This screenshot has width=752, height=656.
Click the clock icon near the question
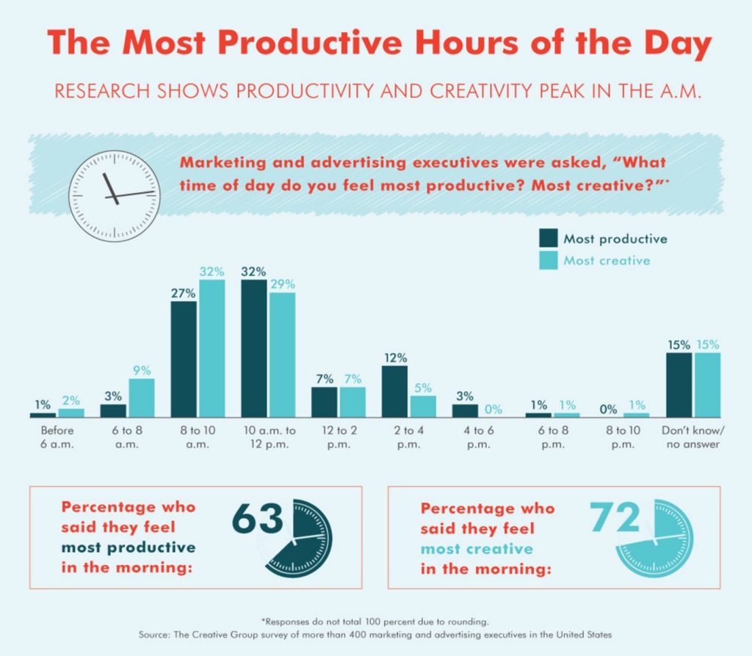point(113,196)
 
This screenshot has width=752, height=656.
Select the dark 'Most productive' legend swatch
point(549,238)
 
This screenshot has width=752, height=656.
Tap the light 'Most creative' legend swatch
point(549,260)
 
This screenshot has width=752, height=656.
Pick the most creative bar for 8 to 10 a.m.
point(211,348)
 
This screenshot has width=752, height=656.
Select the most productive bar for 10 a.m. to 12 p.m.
point(253,348)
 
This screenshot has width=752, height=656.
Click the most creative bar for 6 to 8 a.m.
point(142,397)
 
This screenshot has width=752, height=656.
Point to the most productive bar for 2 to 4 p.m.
point(394,390)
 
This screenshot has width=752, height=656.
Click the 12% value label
point(395,357)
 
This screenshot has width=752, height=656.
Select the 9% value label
point(142,370)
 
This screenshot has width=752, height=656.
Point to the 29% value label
point(282,284)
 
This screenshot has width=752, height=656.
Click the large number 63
point(258,519)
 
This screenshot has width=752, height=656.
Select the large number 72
point(616,517)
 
